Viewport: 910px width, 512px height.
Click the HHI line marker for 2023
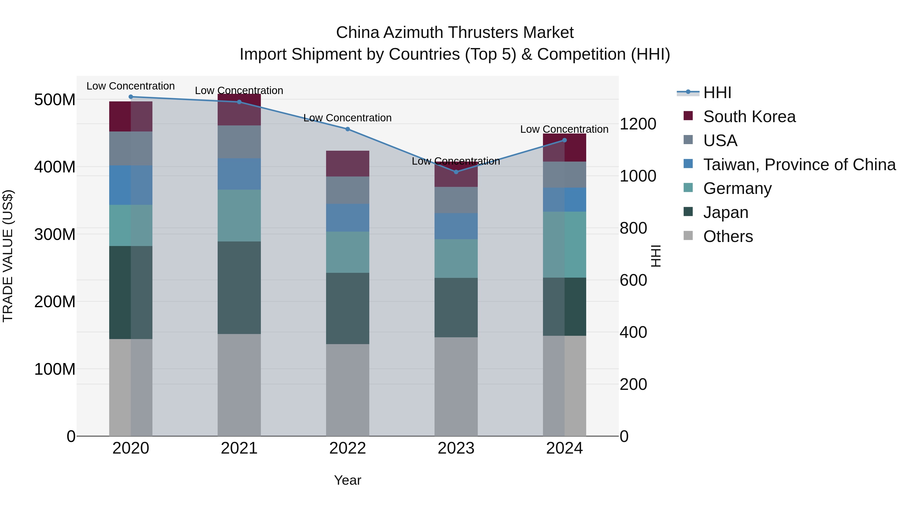pyautogui.click(x=456, y=172)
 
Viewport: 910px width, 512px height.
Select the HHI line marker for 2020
pyautogui.click(x=131, y=97)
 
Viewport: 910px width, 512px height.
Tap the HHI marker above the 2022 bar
pyautogui.click(x=347, y=129)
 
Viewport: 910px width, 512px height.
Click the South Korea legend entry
pyautogui.click(x=749, y=117)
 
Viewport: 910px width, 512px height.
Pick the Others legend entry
pyautogui.click(x=728, y=236)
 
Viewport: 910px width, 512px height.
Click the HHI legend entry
pyautogui.click(x=717, y=93)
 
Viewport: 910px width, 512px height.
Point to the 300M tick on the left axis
pyautogui.click(x=55, y=234)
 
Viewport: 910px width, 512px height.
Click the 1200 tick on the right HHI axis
pyautogui.click(x=638, y=124)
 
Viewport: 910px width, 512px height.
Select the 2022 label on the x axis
pyautogui.click(x=347, y=448)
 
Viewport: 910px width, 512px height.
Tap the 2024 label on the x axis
pyautogui.click(x=564, y=448)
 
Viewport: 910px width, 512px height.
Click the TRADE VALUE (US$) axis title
pyautogui.click(x=8, y=256)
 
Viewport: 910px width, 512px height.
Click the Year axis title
pyautogui.click(x=347, y=480)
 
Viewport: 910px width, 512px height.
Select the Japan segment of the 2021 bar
pyautogui.click(x=239, y=288)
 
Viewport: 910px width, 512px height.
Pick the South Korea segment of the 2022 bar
pyautogui.click(x=347, y=163)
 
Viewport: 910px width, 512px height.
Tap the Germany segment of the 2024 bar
pyautogui.click(x=564, y=244)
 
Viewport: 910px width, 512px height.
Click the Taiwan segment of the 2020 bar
pyautogui.click(x=131, y=185)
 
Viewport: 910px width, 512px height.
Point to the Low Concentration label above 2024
pyautogui.click(x=564, y=129)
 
